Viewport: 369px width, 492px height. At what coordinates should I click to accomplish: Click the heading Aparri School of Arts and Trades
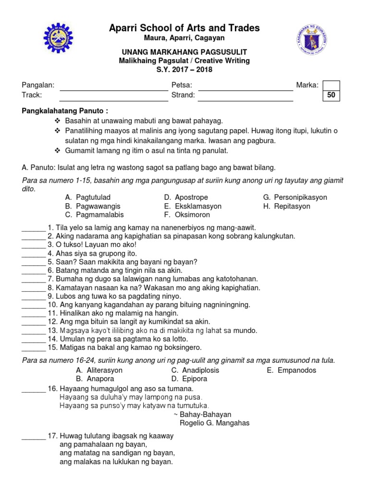click(184, 28)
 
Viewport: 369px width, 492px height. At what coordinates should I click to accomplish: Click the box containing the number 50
click(331, 96)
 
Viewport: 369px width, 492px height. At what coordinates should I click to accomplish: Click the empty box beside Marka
click(331, 86)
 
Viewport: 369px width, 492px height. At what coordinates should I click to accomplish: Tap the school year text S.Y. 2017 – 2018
click(184, 69)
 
